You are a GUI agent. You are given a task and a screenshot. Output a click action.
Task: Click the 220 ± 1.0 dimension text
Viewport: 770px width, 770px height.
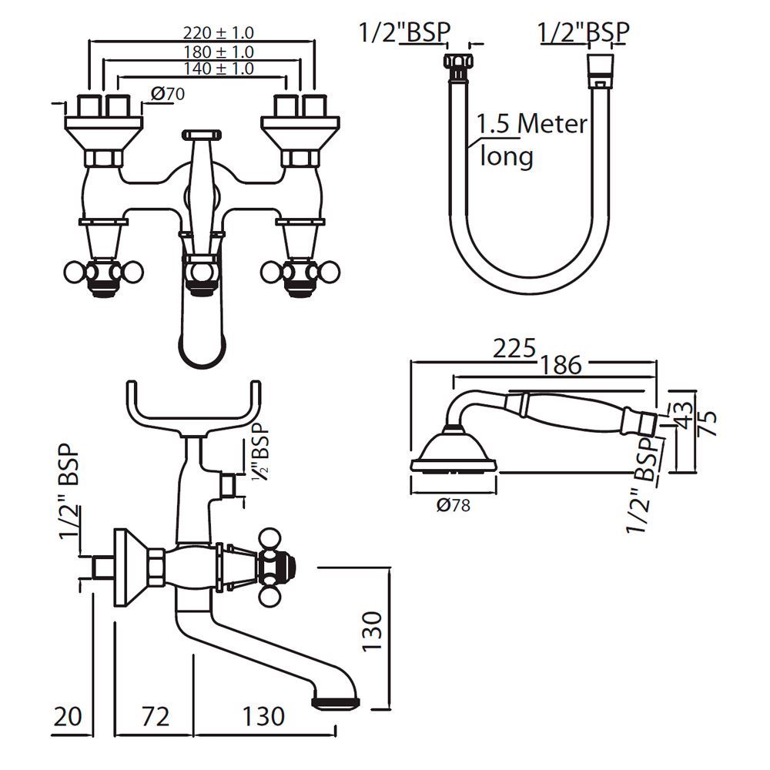(218, 33)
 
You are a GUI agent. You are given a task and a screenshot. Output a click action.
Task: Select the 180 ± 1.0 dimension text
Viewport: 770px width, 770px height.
(218, 52)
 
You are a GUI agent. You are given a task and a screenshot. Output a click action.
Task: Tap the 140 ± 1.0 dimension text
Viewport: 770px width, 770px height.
(218, 69)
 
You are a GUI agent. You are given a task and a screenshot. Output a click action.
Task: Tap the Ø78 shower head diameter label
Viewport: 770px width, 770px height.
(453, 506)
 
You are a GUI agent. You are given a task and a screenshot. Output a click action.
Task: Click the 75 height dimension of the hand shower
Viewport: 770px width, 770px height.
(708, 423)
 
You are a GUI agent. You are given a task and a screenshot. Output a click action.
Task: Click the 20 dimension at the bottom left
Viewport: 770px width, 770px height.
(69, 717)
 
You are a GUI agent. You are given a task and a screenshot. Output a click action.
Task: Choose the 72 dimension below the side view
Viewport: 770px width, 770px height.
(154, 717)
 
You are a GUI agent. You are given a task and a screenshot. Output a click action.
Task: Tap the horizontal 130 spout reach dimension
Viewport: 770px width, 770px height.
(263, 717)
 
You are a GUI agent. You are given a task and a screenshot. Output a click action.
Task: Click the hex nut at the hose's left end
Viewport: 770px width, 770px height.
(456, 65)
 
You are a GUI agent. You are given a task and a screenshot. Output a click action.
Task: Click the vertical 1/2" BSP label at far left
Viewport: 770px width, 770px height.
(69, 500)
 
